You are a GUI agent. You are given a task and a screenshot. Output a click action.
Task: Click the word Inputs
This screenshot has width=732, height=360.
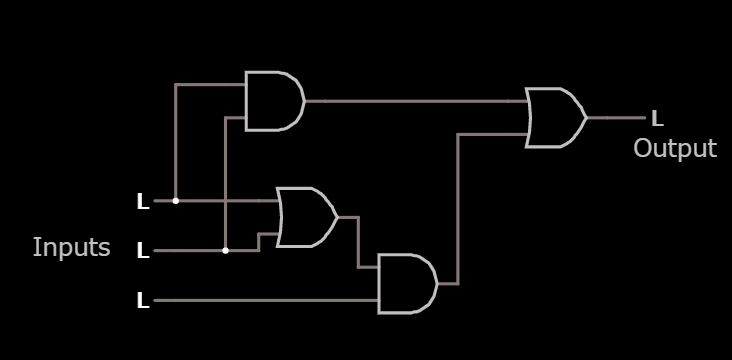tap(71, 248)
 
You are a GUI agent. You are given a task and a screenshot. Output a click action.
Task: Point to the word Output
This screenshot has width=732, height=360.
tap(675, 149)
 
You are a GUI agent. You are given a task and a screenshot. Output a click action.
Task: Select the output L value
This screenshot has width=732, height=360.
tap(657, 119)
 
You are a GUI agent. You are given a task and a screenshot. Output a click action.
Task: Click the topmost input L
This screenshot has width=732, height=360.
tap(143, 202)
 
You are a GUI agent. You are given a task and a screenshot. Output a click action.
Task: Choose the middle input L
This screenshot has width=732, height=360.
tap(143, 251)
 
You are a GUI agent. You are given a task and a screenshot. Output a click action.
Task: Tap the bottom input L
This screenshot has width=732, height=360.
tap(143, 300)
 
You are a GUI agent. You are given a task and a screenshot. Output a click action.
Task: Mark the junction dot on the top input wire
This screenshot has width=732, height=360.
tap(176, 200)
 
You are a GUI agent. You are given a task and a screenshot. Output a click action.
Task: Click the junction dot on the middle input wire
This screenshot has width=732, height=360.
tap(226, 250)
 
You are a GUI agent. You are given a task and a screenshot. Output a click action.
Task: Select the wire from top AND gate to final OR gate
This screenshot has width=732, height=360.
tap(415, 101)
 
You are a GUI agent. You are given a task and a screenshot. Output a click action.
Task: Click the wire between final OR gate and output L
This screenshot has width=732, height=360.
tap(616, 118)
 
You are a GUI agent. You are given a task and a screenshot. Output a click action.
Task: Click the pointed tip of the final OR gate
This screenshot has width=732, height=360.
tap(586, 118)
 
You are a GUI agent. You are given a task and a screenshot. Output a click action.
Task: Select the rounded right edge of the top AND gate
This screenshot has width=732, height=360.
tap(302, 101)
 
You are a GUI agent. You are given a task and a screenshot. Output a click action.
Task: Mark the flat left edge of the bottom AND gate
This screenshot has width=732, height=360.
tap(380, 284)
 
